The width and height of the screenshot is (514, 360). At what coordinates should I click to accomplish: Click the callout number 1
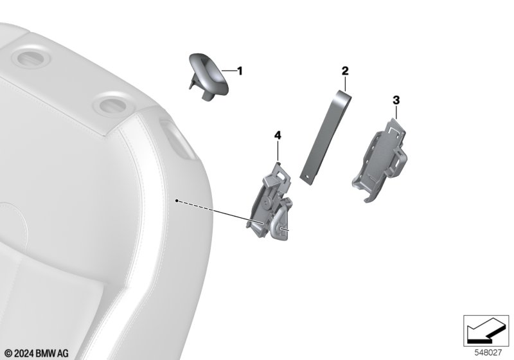coord(240,71)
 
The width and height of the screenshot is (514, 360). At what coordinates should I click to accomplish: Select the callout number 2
coord(345,71)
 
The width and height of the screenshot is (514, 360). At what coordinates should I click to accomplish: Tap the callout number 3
coord(396,100)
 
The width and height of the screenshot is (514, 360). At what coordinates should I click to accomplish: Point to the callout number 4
coord(278,135)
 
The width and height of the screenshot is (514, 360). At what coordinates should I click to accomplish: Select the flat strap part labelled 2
coord(326,138)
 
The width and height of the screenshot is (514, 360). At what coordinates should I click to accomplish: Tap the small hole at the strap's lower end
coord(308,177)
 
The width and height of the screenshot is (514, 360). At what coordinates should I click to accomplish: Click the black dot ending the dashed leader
coord(177,201)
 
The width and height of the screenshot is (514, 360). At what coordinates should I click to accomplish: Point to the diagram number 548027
coord(488,353)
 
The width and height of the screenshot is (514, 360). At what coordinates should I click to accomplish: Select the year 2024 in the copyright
coord(24,354)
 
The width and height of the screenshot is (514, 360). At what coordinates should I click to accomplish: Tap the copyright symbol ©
coord(9,354)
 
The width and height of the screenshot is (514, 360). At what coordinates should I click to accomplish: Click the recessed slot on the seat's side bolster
coord(177,139)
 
